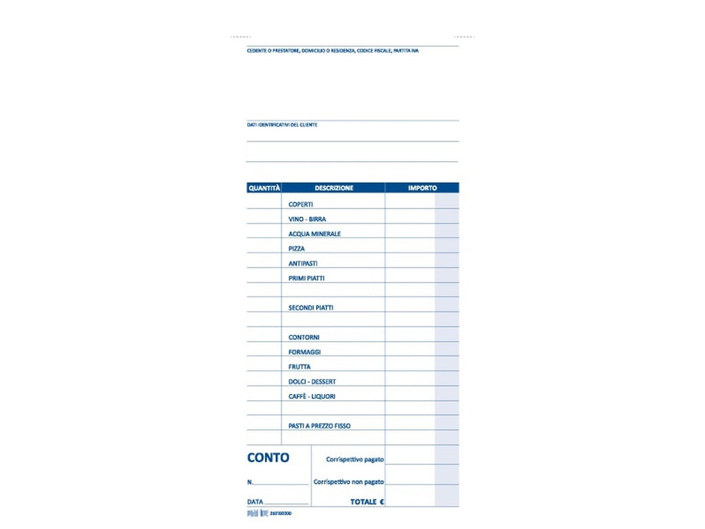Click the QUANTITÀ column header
tap(264, 188)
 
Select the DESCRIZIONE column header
tap(334, 188)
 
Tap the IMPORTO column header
tap(422, 188)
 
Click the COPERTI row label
tap(301, 205)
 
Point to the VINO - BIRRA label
tap(307, 219)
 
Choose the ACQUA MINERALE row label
tap(315, 234)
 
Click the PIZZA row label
tap(297, 249)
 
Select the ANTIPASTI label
tap(303, 264)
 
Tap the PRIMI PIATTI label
tap(306, 278)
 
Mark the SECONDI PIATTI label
tap(311, 308)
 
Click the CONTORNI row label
tap(304, 338)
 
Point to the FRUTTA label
tap(299, 367)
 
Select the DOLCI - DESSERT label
tap(312, 382)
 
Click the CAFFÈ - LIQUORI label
tap(312, 397)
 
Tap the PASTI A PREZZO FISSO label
tap(319, 426)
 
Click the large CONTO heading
tap(268, 458)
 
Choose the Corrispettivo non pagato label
tap(348, 482)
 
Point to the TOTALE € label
tap(367, 502)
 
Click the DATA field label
tap(255, 502)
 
